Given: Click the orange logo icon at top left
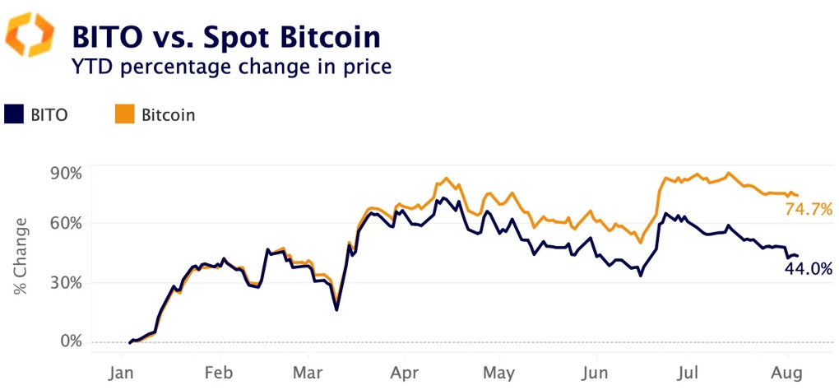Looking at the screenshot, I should point(30,36).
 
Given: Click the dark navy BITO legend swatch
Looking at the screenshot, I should point(14,114).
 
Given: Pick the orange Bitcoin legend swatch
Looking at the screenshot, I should point(123,114).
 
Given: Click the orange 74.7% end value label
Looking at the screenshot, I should point(809,209).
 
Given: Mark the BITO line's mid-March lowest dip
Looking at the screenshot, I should point(336,309).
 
